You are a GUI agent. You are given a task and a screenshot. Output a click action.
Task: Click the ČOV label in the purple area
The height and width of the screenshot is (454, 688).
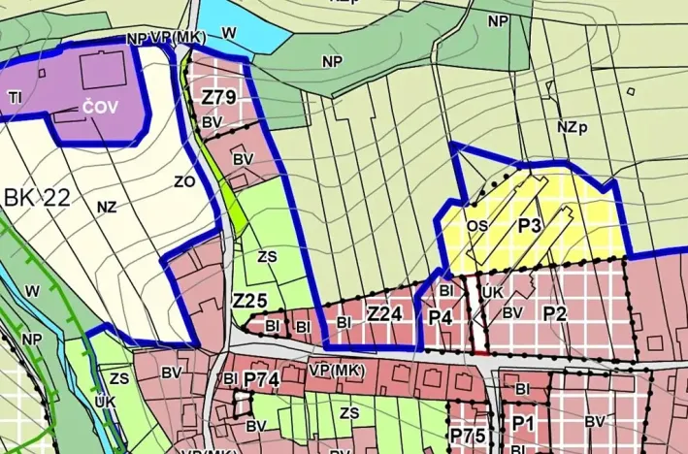click(100, 107)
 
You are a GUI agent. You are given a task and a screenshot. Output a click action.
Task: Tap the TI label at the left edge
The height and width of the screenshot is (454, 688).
click(15, 97)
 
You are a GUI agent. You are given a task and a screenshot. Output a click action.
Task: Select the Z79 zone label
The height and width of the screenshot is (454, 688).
click(219, 98)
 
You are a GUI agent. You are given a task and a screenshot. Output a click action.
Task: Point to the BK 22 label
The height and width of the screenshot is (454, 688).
click(37, 198)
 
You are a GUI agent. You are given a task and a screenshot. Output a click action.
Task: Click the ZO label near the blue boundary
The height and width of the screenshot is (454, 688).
click(184, 181)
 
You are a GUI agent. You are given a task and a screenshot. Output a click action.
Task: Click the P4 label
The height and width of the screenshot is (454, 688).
click(441, 317)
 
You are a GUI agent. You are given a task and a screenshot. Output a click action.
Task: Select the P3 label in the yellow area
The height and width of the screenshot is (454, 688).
click(529, 225)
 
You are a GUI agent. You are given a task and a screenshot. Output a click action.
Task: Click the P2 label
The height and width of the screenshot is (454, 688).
click(554, 312)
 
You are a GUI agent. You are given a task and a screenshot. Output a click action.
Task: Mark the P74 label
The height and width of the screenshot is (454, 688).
click(262, 377)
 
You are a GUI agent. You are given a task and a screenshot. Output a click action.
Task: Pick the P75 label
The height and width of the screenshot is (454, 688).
click(468, 435)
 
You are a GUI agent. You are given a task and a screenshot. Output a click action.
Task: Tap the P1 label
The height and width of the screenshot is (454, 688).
click(524, 422)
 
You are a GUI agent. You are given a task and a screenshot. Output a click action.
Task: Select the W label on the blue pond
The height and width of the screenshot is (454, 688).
click(229, 33)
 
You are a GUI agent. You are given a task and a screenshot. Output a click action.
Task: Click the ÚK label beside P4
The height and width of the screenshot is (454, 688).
click(491, 291)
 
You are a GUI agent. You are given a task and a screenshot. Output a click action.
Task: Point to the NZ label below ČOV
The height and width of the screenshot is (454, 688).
click(107, 206)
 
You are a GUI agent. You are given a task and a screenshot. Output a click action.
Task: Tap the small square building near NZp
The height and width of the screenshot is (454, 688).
click(631, 92)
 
